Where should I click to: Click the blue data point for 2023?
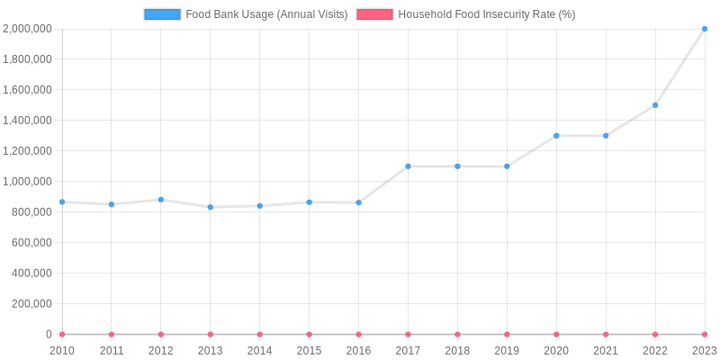tap(705, 29)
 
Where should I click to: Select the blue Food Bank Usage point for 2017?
tap(408, 166)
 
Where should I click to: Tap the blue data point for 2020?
tap(556, 136)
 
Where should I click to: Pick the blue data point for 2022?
tap(655, 105)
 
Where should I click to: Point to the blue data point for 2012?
tap(161, 200)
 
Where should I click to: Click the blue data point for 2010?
tap(62, 202)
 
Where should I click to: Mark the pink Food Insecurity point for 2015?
tap(310, 334)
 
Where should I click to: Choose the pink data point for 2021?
tap(606, 334)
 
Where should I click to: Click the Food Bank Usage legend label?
tap(266, 14)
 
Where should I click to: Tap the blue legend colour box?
tap(162, 14)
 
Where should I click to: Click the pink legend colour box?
tap(374, 14)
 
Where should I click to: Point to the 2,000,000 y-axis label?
tap(27, 29)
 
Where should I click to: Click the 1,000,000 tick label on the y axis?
tap(27, 182)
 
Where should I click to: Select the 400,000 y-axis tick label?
tap(31, 274)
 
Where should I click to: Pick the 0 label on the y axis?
tap(49, 334)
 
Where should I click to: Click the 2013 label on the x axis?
tap(211, 351)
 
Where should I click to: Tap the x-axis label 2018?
tap(457, 351)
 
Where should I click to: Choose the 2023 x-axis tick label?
tap(704, 351)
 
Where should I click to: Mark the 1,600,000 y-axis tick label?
tap(27, 90)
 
